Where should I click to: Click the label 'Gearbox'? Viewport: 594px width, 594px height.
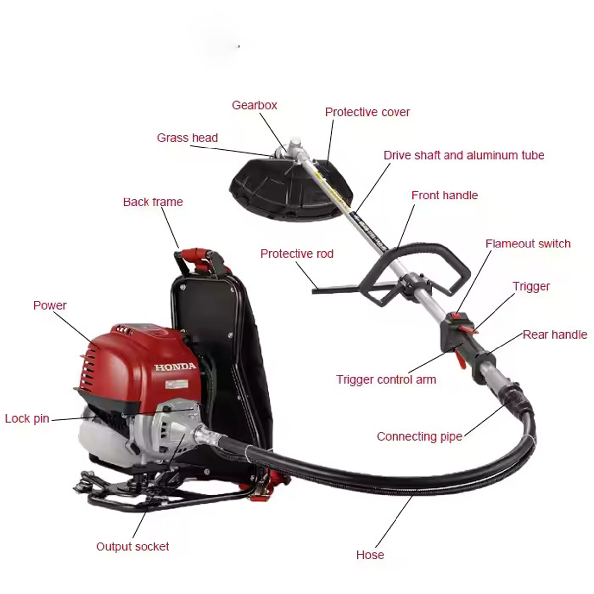click(x=254, y=105)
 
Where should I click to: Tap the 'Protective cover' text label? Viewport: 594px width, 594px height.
click(x=367, y=112)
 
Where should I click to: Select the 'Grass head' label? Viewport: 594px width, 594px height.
click(x=188, y=138)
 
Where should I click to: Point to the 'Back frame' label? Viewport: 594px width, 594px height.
click(x=153, y=202)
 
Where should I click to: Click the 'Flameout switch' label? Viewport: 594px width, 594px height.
click(x=528, y=244)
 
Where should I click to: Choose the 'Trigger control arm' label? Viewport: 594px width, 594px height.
click(x=386, y=380)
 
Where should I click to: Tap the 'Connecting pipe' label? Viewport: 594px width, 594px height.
click(x=420, y=437)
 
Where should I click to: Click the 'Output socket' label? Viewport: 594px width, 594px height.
click(x=133, y=546)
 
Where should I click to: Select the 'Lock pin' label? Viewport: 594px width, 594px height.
click(x=27, y=419)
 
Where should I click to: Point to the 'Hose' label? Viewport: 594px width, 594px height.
click(x=370, y=555)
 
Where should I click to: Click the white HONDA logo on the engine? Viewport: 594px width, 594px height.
click(x=175, y=367)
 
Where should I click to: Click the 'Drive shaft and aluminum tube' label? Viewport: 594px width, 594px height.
click(x=464, y=155)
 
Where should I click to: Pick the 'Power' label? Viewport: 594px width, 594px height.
click(x=50, y=305)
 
